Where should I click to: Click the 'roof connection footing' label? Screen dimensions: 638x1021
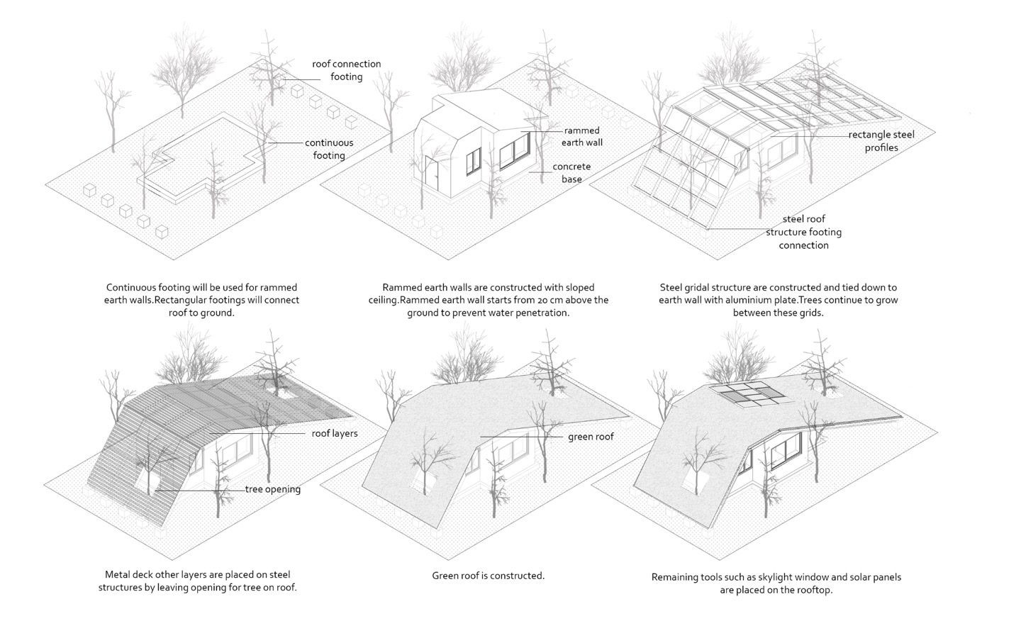pos(346,70)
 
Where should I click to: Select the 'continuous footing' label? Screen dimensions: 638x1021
pos(329,149)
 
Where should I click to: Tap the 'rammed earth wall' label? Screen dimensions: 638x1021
pos(581,137)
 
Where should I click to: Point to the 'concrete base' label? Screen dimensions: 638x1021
pos(571,173)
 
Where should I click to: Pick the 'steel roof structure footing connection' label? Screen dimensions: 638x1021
pos(803,233)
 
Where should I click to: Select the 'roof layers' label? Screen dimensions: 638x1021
pos(335,433)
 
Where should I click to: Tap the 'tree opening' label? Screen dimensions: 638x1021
pos(273,489)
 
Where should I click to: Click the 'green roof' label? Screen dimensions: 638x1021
pos(591,437)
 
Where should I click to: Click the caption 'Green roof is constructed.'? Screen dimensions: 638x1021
pos(488,576)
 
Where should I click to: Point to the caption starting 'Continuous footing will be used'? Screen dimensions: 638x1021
pos(201,300)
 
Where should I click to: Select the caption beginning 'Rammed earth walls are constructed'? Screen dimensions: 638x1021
pos(488,300)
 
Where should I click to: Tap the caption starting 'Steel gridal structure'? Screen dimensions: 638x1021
pos(778,300)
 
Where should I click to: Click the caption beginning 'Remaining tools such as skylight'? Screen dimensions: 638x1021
pos(776,583)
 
